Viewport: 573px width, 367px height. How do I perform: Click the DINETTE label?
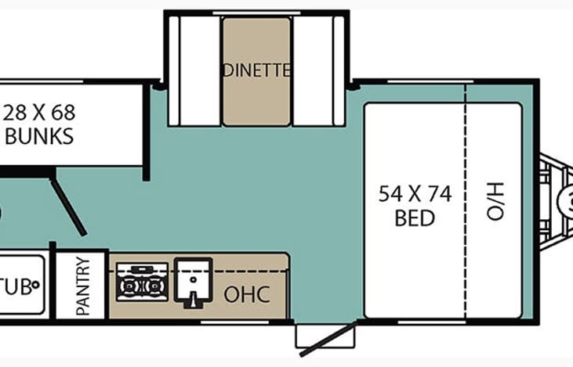point(256,70)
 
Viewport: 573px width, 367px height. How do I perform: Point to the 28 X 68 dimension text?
point(38,111)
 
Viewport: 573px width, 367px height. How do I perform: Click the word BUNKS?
point(39,136)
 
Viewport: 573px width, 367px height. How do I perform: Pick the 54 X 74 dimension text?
point(415,194)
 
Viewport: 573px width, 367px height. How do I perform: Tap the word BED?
point(415,218)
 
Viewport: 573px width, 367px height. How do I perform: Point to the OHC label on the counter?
point(247,295)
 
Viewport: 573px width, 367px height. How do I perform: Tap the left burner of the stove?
point(130,286)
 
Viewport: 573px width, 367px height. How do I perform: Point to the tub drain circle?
point(36,286)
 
